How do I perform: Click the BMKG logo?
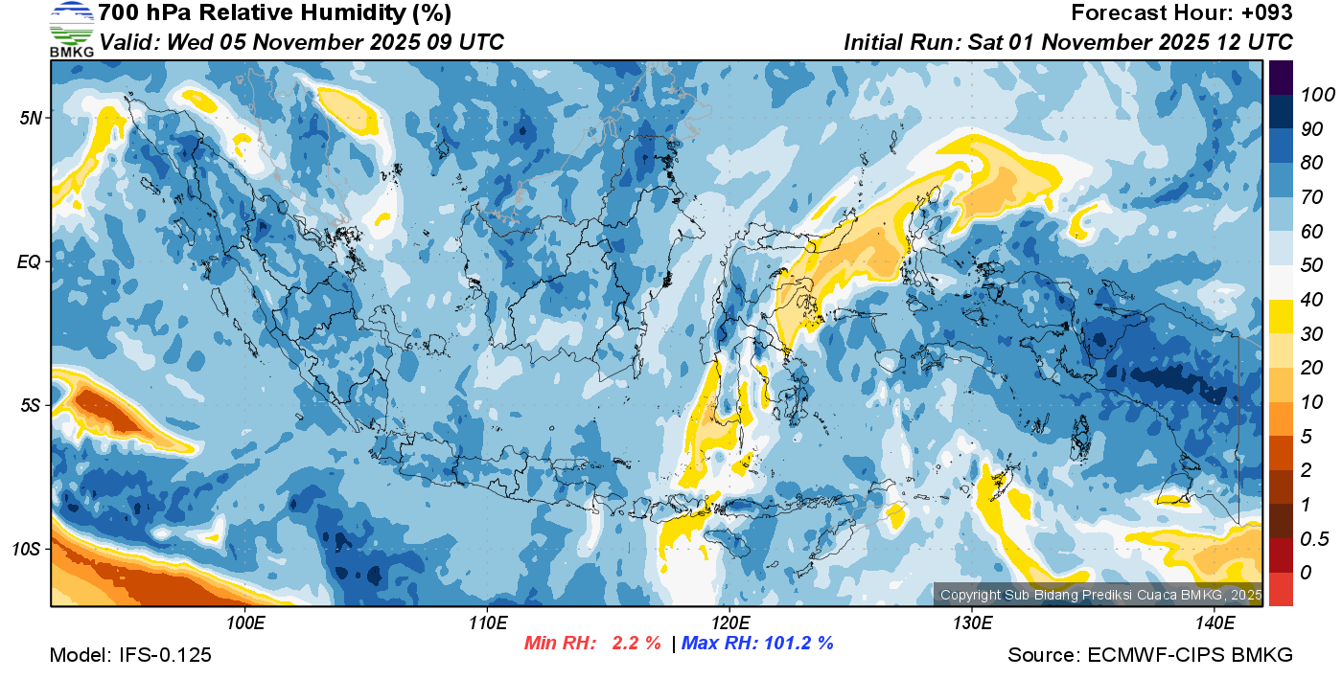tap(71, 29)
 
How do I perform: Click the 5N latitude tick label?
tap(32, 118)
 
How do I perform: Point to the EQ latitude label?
tap(32, 261)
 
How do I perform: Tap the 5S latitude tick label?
tap(32, 405)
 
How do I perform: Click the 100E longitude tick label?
tap(245, 623)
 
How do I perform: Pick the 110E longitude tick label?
tap(488, 623)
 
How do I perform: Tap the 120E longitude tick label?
tap(729, 623)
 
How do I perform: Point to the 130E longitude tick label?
tap(972, 623)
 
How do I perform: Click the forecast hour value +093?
tap(1269, 13)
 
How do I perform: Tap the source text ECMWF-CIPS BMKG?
tap(1190, 655)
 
